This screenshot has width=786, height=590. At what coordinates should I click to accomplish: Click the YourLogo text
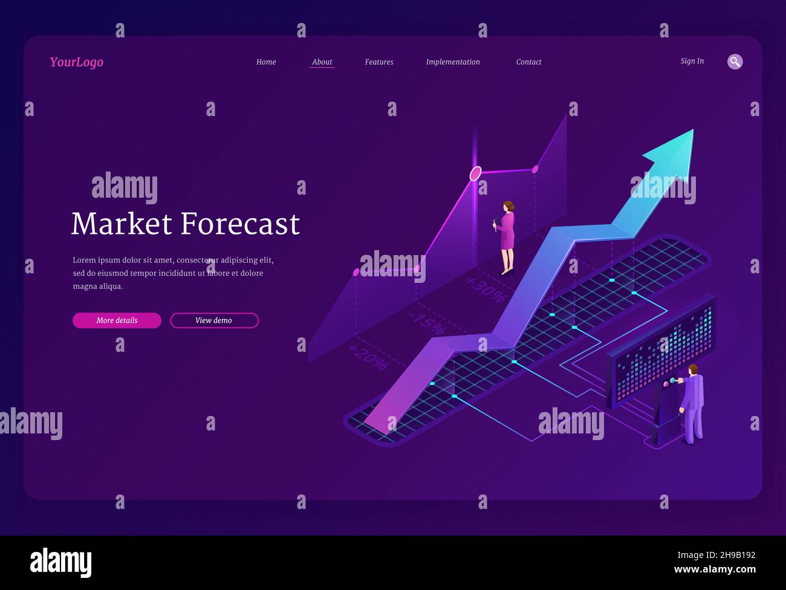pos(76,62)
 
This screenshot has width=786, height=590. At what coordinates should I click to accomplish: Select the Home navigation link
pos(266,62)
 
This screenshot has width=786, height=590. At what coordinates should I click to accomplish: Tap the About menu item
pos(322,62)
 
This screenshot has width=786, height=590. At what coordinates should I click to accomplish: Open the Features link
pos(379,62)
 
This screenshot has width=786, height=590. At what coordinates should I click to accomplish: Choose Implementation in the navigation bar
pos(453,62)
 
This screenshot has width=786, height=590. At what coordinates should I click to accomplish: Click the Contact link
pos(528,62)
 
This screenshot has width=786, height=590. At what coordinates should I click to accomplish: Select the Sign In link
pos(692,61)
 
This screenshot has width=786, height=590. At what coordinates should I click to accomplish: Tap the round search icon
pos(735,62)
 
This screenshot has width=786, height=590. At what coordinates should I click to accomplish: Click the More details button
pos(117,320)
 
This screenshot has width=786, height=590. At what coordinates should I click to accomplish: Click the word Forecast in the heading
pos(241,224)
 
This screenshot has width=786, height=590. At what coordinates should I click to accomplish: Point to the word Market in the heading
pos(122,224)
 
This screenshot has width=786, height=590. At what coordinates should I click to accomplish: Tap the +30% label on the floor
pos(486,290)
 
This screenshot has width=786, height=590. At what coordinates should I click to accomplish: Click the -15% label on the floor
pos(427,323)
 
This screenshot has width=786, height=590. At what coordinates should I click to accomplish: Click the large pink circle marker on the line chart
pos(476,173)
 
